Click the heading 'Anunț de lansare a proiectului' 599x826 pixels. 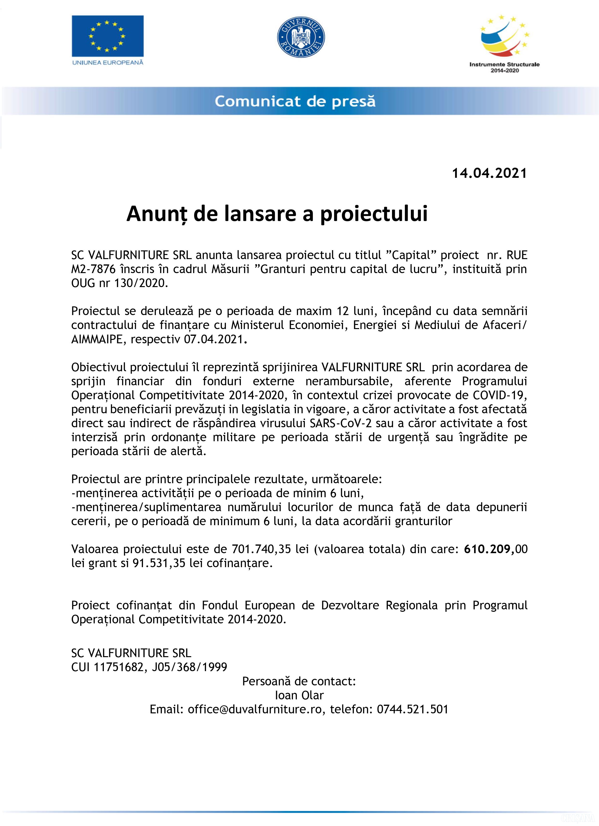(x=277, y=214)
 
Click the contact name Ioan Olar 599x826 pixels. (x=299, y=695)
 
